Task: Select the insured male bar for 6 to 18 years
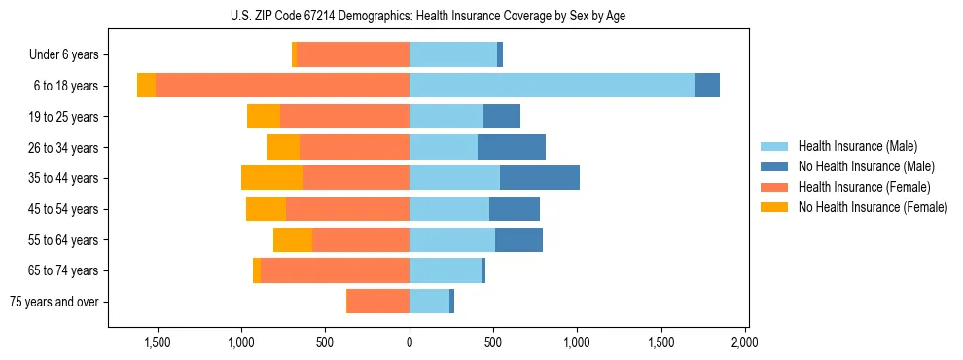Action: pyautogui.click(x=552, y=86)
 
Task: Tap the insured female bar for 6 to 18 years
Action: pyautogui.click(x=282, y=86)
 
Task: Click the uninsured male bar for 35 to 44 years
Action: pyautogui.click(x=540, y=178)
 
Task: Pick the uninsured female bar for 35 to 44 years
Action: pyautogui.click(x=271, y=178)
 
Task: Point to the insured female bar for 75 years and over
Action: pyautogui.click(x=377, y=302)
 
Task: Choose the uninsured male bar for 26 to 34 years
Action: pyautogui.click(x=512, y=147)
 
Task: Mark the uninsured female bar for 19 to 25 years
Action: pyautogui.click(x=264, y=117)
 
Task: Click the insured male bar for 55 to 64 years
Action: pyautogui.click(x=452, y=239)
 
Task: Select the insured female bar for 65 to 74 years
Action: pyautogui.click(x=335, y=270)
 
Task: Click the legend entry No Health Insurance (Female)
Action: pyautogui.click(x=872, y=207)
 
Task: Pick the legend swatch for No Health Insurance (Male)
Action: pyautogui.click(x=774, y=166)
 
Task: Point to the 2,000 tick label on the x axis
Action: pyautogui.click(x=745, y=342)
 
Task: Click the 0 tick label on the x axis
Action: pyautogui.click(x=410, y=342)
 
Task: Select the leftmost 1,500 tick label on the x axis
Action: pyautogui.click(x=158, y=342)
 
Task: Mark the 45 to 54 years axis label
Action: pyautogui.click(x=65, y=209)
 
